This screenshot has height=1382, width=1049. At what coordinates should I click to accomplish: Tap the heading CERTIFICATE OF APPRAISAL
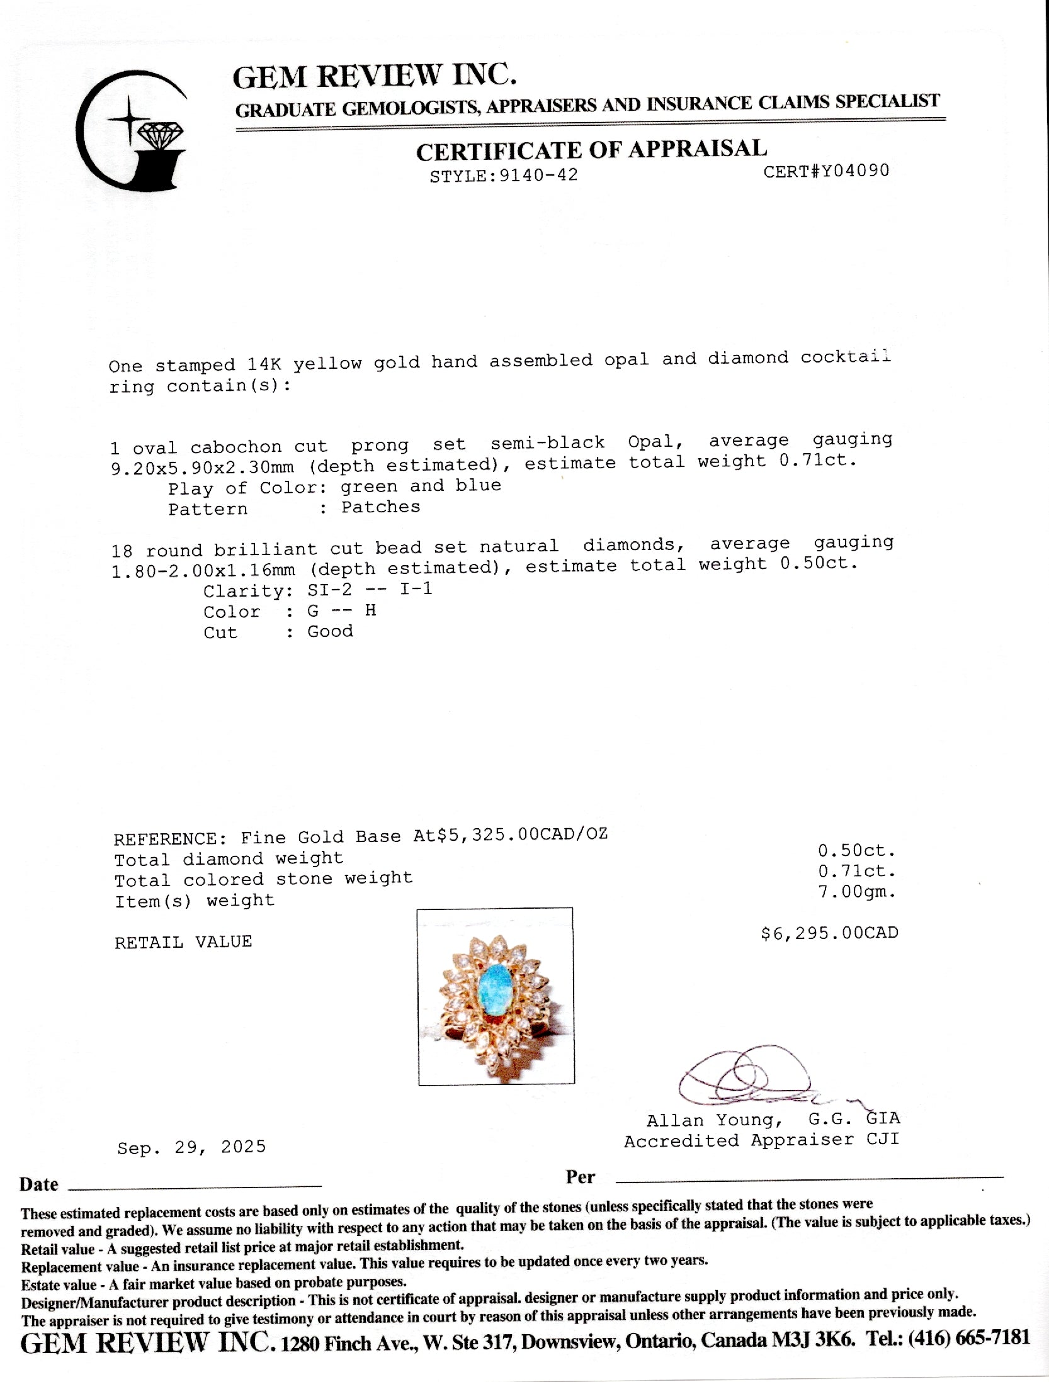591,150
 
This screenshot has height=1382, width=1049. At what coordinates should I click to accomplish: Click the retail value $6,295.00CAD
829,933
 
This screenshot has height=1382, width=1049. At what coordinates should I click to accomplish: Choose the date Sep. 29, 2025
191,1147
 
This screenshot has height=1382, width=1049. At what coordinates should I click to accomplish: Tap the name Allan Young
714,1120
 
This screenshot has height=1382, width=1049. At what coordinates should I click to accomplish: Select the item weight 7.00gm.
856,892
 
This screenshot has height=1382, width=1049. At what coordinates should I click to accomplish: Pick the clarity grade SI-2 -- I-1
370,590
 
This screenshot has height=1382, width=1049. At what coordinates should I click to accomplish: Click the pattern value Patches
380,507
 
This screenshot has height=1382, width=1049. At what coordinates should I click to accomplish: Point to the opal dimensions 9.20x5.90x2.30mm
202,467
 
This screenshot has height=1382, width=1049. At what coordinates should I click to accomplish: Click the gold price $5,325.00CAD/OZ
510,835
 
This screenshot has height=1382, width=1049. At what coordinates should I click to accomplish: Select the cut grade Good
330,631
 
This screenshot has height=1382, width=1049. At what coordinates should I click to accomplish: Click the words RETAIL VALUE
183,942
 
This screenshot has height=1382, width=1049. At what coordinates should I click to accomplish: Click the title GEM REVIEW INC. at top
375,77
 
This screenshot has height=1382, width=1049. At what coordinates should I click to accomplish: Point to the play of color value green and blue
421,486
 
